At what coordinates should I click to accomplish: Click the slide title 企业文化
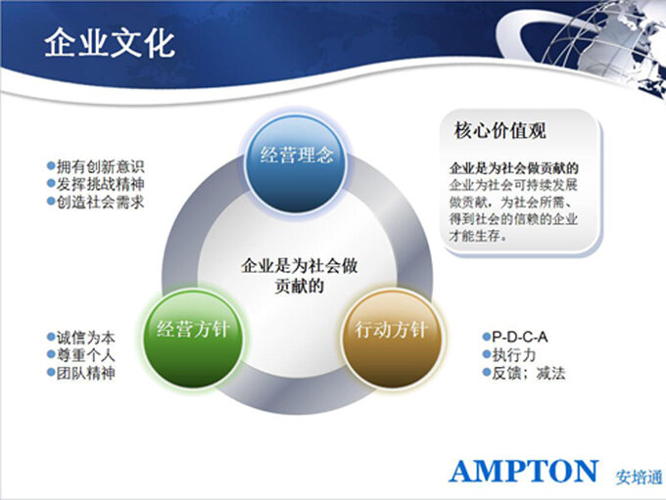click(x=110, y=42)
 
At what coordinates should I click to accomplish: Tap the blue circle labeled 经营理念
click(x=296, y=163)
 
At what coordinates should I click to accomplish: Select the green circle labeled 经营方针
click(x=194, y=338)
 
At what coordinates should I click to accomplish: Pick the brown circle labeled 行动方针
click(x=392, y=339)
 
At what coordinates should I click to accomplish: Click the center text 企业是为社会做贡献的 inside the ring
click(x=299, y=276)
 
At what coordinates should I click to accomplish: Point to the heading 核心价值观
click(x=499, y=130)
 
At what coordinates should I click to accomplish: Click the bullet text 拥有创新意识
click(x=101, y=166)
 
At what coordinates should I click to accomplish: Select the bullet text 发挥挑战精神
click(x=101, y=184)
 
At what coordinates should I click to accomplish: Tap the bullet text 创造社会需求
click(x=101, y=202)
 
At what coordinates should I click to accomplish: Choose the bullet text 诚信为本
click(x=86, y=338)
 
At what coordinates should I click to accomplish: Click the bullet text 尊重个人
click(x=86, y=355)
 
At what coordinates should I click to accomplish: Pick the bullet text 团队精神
click(x=86, y=373)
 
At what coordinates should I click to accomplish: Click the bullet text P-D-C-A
click(x=519, y=337)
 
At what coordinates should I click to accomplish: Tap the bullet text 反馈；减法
click(x=529, y=373)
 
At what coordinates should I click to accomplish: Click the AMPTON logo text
click(x=523, y=471)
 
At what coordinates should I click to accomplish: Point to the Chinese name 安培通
click(x=640, y=477)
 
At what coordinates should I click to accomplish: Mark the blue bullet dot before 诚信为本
click(x=51, y=337)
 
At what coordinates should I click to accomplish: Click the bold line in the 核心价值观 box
click(x=513, y=168)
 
